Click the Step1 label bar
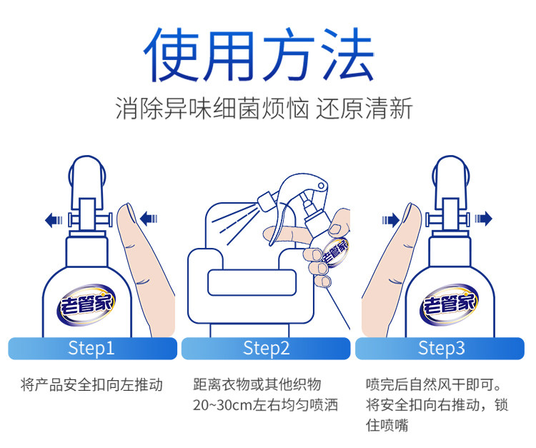click(91, 348)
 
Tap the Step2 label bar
click(266, 348)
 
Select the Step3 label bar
click(441, 348)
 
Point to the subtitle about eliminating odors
click(264, 109)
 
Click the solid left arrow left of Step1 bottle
click(54, 219)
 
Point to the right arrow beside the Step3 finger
click(389, 219)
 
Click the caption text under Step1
click(91, 385)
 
